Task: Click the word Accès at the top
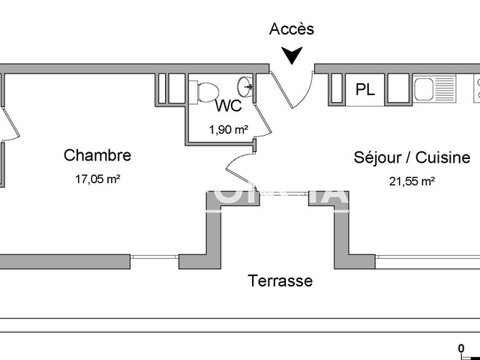point(292,29)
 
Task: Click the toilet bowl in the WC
point(203,91)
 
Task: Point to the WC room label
point(229,106)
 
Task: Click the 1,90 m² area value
point(228,129)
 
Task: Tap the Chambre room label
point(97,155)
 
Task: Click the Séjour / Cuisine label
point(412,157)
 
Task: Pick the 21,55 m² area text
point(412,181)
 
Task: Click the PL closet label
point(365,90)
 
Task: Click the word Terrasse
point(280,281)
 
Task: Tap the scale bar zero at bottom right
point(461,347)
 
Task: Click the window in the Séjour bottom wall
point(427,260)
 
